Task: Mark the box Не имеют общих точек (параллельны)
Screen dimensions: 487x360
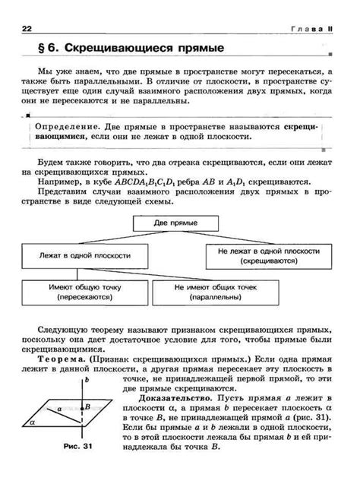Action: [223, 293]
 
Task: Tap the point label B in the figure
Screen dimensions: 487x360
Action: [88, 407]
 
